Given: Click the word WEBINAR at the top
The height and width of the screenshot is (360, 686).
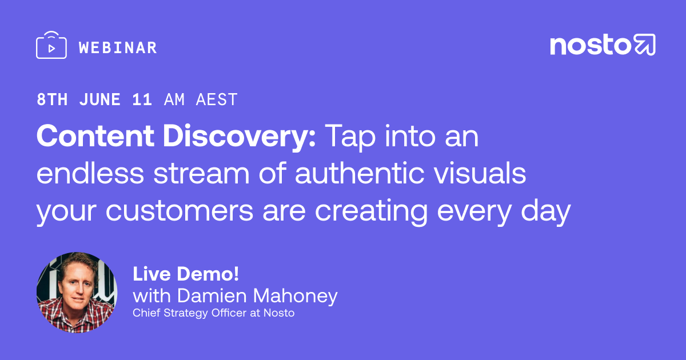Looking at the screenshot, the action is [118, 48].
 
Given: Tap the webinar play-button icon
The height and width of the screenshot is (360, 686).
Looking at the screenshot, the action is [51, 45].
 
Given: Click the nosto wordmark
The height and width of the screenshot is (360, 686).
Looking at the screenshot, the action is [590, 45].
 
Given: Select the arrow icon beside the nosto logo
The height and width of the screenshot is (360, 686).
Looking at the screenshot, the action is [644, 45].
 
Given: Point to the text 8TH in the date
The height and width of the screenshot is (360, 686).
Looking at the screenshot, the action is [52, 99].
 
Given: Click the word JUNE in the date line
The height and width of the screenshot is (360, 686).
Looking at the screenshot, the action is [100, 99].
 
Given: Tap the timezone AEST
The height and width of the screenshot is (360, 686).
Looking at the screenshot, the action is [217, 99].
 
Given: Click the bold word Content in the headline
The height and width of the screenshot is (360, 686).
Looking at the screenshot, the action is [95, 136].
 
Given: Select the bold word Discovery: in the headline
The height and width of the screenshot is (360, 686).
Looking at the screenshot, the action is [239, 137].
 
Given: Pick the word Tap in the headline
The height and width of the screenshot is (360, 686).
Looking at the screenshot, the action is [350, 138].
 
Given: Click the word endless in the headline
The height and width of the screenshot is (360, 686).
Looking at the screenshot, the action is [90, 173].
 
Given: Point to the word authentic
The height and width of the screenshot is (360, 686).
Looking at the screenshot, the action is [360, 173].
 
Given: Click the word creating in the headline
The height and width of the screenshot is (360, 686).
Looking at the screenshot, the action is [371, 212].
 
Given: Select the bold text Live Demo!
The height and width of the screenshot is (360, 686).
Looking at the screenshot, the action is [186, 274].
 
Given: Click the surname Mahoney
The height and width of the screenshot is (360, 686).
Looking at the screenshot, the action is [295, 297].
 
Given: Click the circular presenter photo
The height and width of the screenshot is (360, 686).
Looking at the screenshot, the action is [77, 293].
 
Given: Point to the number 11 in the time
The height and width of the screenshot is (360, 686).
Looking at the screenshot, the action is [142, 99].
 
